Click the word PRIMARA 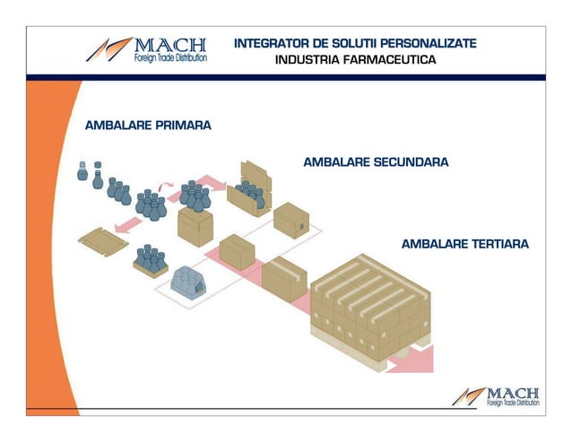coord(180,126)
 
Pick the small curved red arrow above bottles coord(165,186)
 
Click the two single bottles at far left coord(90,169)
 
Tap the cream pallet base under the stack coord(359,345)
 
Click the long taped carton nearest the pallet coord(284,278)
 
